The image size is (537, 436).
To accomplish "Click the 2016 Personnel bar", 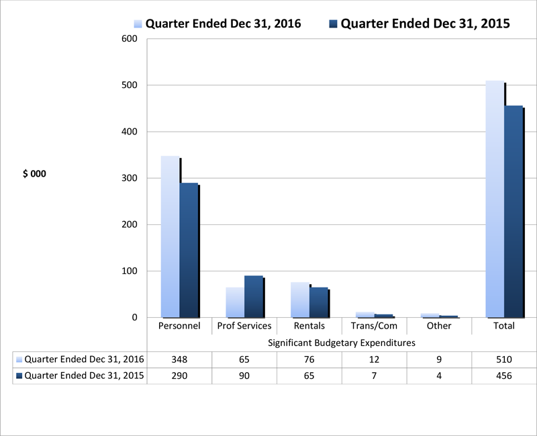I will (170, 236).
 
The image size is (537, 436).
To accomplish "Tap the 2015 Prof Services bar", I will (254, 296).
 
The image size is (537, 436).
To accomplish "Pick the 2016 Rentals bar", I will (300, 300).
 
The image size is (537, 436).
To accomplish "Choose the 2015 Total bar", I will (514, 211).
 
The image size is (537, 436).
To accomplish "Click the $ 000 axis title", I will (34, 173).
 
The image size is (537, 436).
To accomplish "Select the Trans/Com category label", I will (374, 326).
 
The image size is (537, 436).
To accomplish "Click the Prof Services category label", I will (244, 326).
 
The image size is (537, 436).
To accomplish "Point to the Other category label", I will (439, 326).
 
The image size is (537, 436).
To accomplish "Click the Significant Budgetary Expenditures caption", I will (342, 343).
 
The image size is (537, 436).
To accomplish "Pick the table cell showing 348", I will (179, 359).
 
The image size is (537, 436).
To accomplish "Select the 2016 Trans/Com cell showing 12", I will (374, 359).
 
